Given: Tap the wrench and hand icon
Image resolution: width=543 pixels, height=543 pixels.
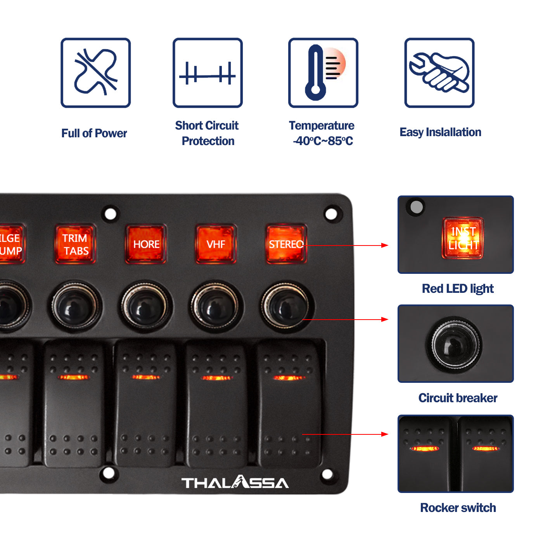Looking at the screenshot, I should tap(439, 73).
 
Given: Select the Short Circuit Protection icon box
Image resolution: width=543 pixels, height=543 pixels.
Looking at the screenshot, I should tap(208, 73).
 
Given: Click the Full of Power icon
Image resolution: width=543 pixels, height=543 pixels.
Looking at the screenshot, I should tap(95, 73).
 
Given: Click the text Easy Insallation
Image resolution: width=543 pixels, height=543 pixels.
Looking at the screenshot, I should tap(440, 132).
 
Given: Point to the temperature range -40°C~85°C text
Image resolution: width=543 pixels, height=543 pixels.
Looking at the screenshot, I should tap(323, 141).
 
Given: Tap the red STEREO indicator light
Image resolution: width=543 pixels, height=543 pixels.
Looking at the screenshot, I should tap(286, 244).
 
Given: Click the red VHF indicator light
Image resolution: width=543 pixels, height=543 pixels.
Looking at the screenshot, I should tap(216, 244).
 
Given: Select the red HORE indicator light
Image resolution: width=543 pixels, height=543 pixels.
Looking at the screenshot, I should tap(146, 244).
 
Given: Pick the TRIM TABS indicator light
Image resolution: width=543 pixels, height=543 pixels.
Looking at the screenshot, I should tap(76, 244).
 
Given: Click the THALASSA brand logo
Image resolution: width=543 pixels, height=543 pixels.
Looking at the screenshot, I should tap(235, 482).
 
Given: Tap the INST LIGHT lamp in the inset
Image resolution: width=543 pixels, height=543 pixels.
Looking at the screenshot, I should tap(463, 238).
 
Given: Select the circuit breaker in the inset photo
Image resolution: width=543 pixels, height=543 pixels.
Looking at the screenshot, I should tap(455, 344).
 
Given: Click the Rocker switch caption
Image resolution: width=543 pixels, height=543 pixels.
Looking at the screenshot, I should tap(458, 508).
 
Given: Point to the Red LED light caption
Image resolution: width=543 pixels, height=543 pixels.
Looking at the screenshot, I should tap(458, 289).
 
